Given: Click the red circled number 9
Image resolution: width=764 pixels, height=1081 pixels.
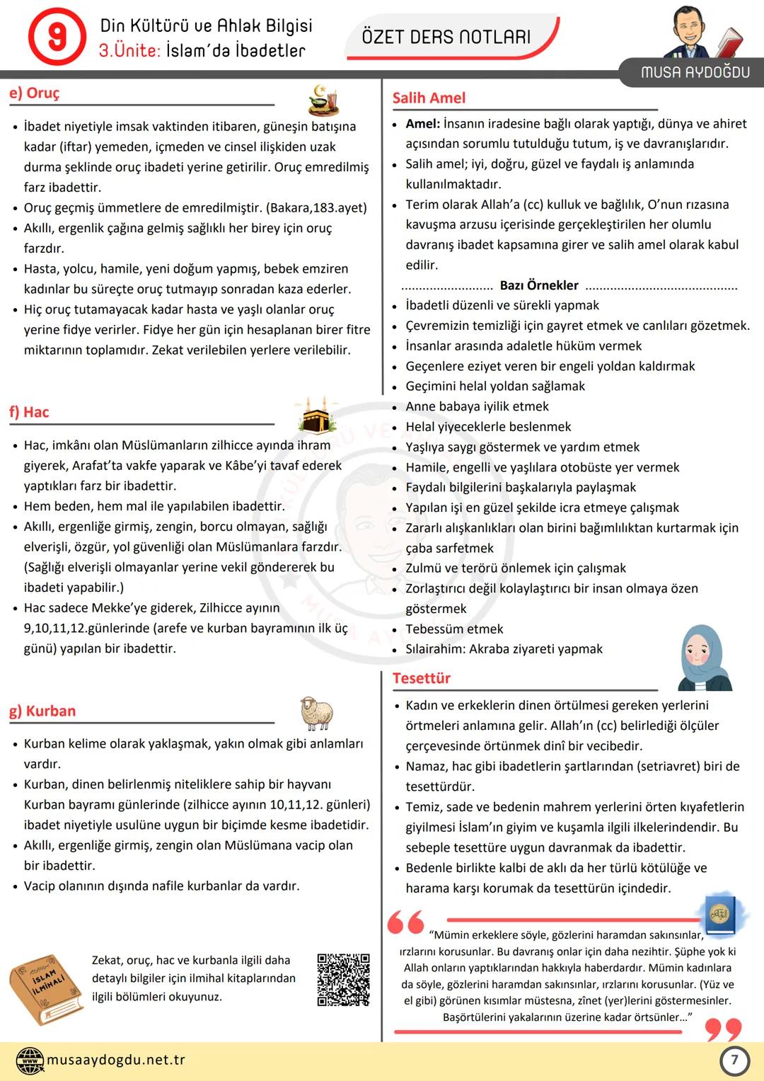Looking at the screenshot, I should pyautogui.click(x=57, y=37).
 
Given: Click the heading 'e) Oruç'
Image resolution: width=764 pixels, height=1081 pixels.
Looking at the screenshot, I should pyautogui.click(x=35, y=93).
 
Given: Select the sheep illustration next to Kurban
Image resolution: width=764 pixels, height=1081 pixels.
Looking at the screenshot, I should pyautogui.click(x=316, y=713).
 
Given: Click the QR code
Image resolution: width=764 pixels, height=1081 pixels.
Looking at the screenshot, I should pyautogui.click(x=343, y=980).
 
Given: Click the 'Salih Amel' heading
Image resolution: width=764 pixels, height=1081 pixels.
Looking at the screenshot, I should pyautogui.click(x=429, y=98).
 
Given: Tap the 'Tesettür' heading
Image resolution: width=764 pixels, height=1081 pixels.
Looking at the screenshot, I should pyautogui.click(x=422, y=678).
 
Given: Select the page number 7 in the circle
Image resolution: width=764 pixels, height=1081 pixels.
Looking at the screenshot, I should pyautogui.click(x=734, y=1060).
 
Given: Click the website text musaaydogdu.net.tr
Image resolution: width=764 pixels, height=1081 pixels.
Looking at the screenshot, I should pyautogui.click(x=116, y=1060).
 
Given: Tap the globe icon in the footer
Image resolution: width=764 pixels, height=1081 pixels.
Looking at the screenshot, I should pyautogui.click(x=30, y=1060).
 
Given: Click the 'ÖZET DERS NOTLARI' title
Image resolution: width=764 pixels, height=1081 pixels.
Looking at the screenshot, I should pyautogui.click(x=446, y=37).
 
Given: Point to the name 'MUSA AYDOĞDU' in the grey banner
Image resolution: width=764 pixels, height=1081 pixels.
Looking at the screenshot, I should pyautogui.click(x=695, y=72).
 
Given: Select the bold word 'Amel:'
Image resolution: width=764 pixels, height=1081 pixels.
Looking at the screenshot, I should pyautogui.click(x=423, y=124).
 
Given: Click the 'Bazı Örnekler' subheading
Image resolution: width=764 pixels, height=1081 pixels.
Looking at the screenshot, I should pyautogui.click(x=539, y=285).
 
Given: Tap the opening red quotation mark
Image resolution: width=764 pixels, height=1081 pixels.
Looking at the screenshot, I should pyautogui.click(x=406, y=922).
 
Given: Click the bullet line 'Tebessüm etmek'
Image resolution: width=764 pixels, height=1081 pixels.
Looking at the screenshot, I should pyautogui.click(x=454, y=629).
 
